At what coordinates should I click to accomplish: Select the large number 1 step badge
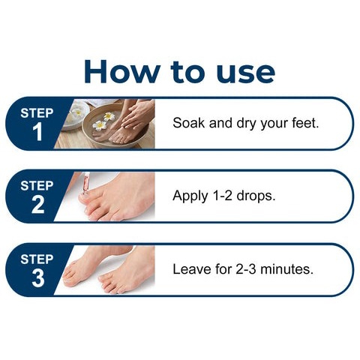click(37, 133)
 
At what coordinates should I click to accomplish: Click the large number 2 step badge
click(37, 205)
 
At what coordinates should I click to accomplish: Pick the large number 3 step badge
click(37, 278)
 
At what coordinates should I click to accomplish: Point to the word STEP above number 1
click(37, 113)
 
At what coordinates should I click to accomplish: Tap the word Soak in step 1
click(187, 123)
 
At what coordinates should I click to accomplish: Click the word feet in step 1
click(303, 123)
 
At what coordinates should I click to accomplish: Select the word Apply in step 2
click(190, 196)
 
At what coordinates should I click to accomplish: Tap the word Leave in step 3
click(190, 268)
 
